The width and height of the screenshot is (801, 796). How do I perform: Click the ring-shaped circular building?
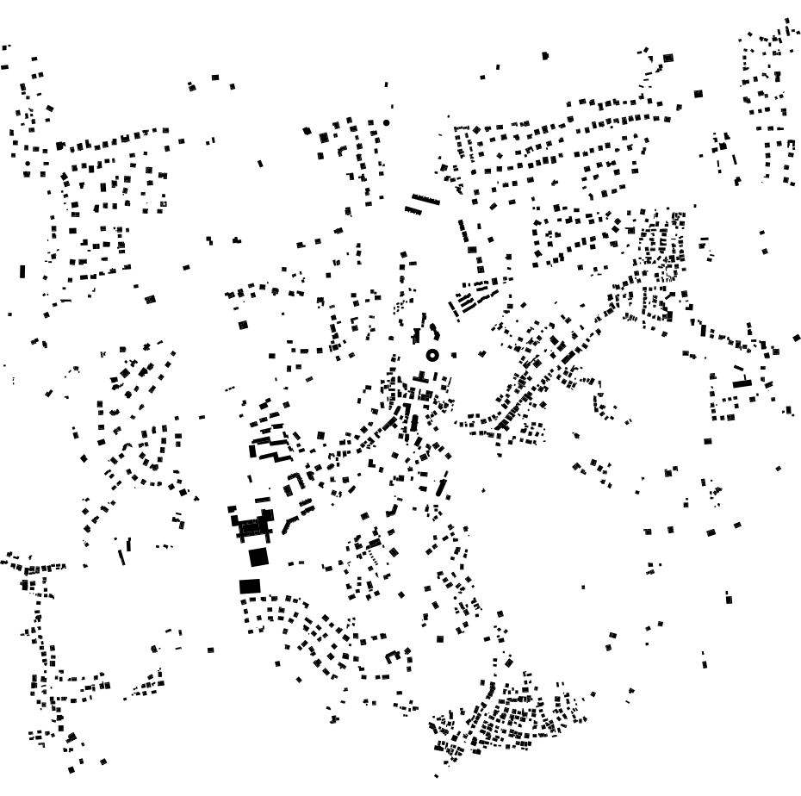click(432, 355)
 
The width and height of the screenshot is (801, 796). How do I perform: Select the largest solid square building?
click(258, 557)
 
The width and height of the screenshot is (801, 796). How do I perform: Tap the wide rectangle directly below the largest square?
click(250, 586)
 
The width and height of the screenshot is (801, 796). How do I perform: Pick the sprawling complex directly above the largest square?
click(249, 525)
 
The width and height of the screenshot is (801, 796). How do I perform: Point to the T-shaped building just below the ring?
click(421, 376)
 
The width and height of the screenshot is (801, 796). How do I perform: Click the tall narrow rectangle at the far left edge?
click(22, 271)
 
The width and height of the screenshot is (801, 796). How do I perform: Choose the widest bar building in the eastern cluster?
click(742, 383)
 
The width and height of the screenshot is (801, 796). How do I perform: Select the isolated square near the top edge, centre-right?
click(545, 56)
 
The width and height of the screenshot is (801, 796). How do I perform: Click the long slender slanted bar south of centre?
click(442, 484)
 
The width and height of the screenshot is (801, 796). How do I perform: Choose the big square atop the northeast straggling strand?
click(667, 58)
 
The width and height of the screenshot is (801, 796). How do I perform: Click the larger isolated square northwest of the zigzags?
click(243, 325)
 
